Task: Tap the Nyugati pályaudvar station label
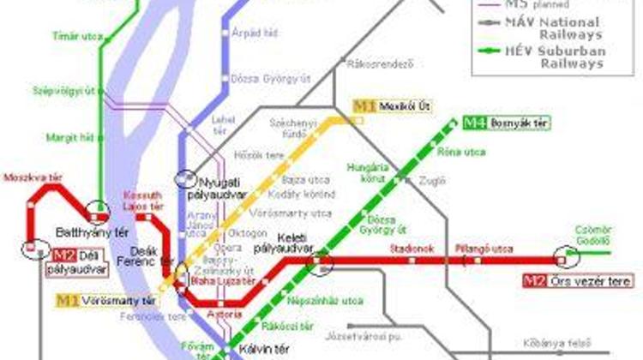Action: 229,188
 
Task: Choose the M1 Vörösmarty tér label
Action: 107,301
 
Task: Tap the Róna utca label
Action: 473,153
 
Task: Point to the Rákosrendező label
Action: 369,63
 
